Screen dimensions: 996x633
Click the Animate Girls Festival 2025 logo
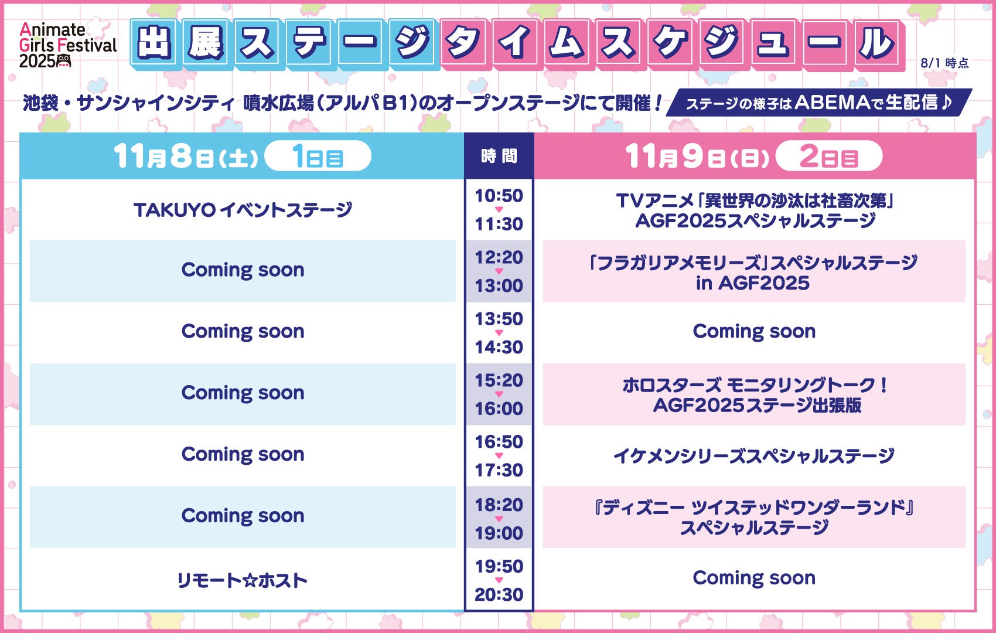[x=67, y=45]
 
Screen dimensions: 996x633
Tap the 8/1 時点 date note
[x=944, y=63]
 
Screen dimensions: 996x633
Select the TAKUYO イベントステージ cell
[x=243, y=210]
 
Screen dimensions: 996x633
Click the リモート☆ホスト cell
[x=243, y=580]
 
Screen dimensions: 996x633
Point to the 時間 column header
[x=499, y=156]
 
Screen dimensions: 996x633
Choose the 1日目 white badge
[x=318, y=156]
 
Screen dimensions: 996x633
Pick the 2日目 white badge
[x=829, y=156]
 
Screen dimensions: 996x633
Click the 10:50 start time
[x=499, y=196]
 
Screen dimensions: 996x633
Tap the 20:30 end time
[x=499, y=595]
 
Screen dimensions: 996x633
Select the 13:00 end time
[x=499, y=285]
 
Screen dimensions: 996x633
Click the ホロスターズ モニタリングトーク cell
[x=754, y=394]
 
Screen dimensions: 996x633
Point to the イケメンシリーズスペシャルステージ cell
[x=754, y=456]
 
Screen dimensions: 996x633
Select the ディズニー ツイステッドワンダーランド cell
[x=754, y=518]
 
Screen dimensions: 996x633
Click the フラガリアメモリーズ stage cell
[x=754, y=272]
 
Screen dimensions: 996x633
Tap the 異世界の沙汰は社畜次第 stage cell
[x=754, y=210]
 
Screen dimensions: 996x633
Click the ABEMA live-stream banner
[x=819, y=103]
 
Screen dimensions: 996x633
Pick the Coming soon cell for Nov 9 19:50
[x=754, y=578]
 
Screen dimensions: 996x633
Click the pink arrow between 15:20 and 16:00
[x=499, y=394]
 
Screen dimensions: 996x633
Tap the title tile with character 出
[x=154, y=43]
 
